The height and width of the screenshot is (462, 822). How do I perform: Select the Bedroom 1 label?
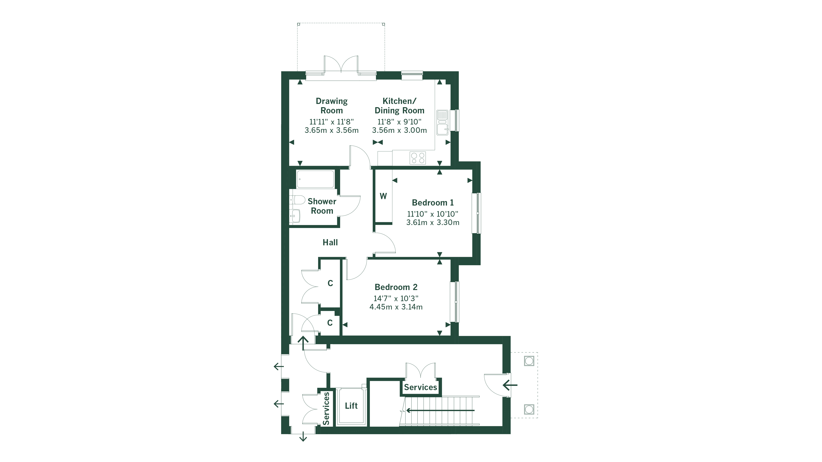432,203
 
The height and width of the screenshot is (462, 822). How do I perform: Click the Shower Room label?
322,206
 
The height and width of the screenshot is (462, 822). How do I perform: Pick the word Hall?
330,243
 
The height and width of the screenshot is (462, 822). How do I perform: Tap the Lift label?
351,406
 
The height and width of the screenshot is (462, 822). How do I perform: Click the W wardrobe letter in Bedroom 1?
383,196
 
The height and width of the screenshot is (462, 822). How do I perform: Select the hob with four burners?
418,158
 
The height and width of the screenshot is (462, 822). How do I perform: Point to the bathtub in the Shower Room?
315,179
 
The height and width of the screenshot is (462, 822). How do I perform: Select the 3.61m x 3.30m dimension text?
432,222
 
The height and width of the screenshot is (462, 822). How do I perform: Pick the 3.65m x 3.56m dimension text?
332,130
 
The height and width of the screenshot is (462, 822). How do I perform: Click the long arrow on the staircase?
440,410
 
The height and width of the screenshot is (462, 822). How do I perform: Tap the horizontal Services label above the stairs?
420,387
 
